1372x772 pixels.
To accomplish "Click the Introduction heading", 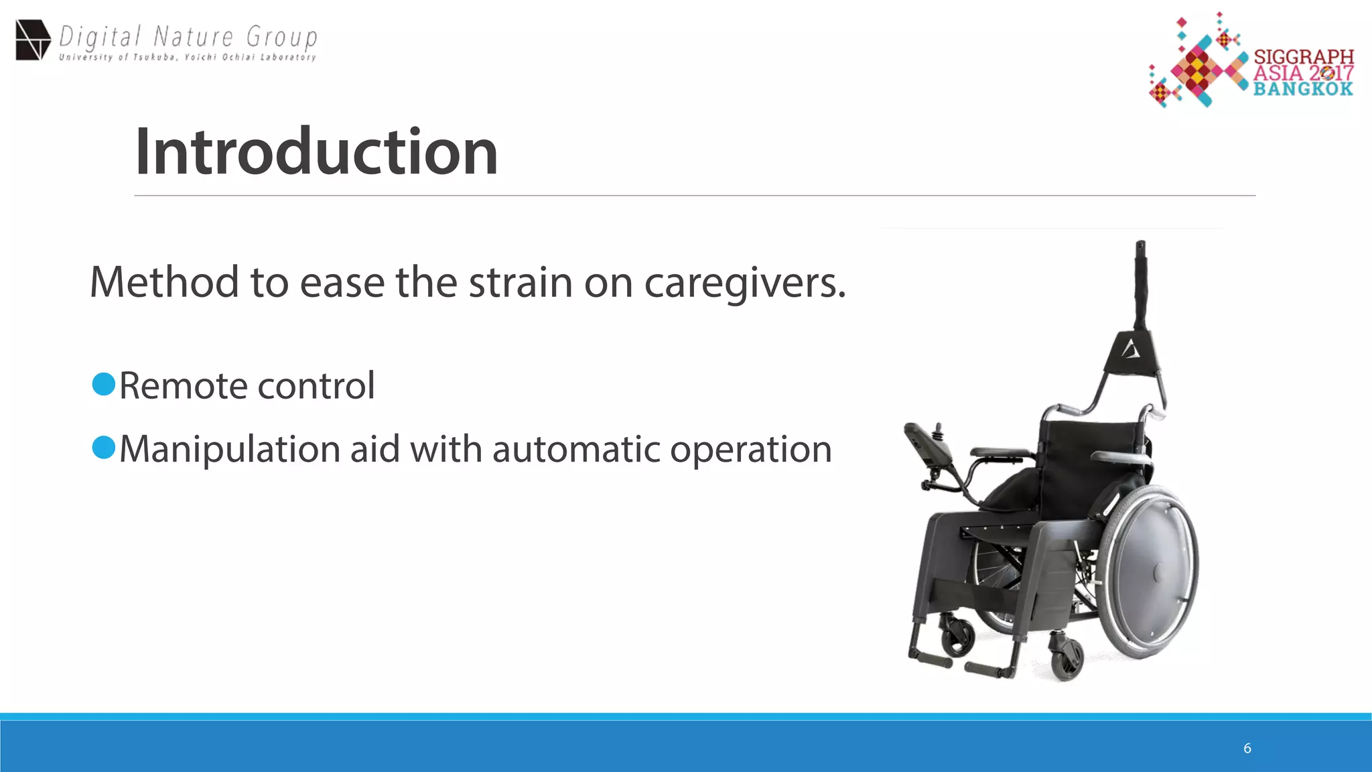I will coord(316,152).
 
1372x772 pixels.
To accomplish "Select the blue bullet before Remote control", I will coord(104,385).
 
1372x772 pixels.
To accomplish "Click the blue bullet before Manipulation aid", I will coord(104,448).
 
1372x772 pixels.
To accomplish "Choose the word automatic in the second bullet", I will coord(577,449).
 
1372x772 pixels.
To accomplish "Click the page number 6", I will coord(1247,748).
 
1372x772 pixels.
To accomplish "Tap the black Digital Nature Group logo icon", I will coord(33,40).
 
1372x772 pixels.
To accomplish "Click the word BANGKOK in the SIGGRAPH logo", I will coord(1303,89).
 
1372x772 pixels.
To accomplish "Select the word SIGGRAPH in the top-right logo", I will coord(1304,57).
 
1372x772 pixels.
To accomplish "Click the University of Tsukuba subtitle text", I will coord(188,58).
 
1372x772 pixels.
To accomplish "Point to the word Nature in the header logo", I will coord(194,36).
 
